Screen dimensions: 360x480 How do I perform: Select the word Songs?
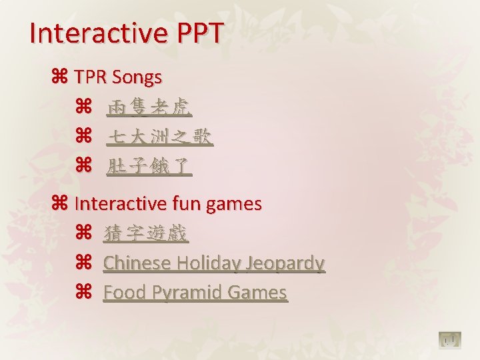coord(137,78)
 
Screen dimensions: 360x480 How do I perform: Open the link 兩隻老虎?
coord(149,107)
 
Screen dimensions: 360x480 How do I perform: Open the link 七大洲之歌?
coord(160,137)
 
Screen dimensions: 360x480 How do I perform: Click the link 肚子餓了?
coord(149,167)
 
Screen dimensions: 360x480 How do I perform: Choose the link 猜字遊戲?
coord(146,233)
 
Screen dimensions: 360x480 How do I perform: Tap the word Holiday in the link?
coord(209,263)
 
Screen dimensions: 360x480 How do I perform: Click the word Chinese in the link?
coord(137,263)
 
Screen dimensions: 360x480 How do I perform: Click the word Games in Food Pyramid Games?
coord(257,293)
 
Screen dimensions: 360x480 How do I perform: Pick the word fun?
coord(187,203)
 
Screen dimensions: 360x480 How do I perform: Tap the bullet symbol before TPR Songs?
coord(59,77)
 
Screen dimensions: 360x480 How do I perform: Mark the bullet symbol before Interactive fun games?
coord(59,203)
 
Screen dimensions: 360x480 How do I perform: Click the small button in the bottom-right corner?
coord(451,341)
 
